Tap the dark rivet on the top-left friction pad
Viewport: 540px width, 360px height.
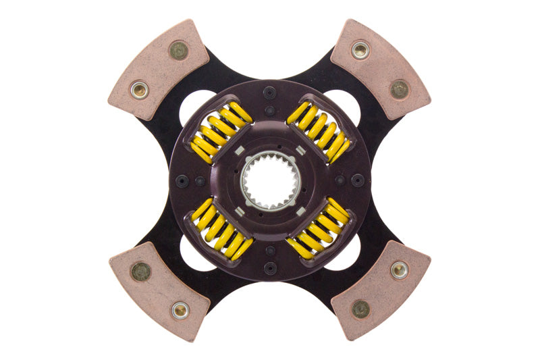pyautogui.click(x=178, y=49)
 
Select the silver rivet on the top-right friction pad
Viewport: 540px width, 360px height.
pyautogui.click(x=360, y=49)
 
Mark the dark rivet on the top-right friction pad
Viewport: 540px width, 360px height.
pyautogui.click(x=399, y=88)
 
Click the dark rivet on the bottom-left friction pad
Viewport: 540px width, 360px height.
pyautogui.click(x=140, y=272)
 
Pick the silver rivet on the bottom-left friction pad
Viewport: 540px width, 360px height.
pyautogui.click(x=180, y=310)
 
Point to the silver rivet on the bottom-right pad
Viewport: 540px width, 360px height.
pyautogui.click(x=399, y=270)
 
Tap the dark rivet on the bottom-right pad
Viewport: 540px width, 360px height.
pyautogui.click(x=360, y=309)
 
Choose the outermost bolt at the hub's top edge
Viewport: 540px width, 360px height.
pyautogui.click(x=269, y=93)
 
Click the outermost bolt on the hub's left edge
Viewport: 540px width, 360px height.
pyautogui.click(x=182, y=180)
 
